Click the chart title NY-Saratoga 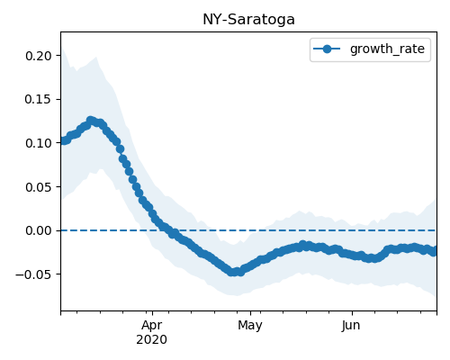pyautogui.click(x=248, y=20)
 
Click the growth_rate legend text pyautogui.click(x=387, y=49)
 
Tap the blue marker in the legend pyautogui.click(x=327, y=49)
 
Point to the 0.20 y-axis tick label pyautogui.click(x=39, y=56)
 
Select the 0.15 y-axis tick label pyautogui.click(x=39, y=99)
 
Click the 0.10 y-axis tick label pyautogui.click(x=39, y=143)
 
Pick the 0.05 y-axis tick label pyautogui.click(x=39, y=187)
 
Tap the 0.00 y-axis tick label pyautogui.click(x=39, y=230)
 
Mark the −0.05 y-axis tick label pyautogui.click(x=33, y=274)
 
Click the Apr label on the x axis pyautogui.click(x=152, y=326)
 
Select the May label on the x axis pyautogui.click(x=250, y=326)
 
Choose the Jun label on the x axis pyautogui.click(x=351, y=326)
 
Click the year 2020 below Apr pyautogui.click(x=152, y=340)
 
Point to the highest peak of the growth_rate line pyautogui.click(x=91, y=121)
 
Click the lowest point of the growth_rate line pyautogui.click(x=231, y=272)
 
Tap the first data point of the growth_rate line pyautogui.click(x=62, y=141)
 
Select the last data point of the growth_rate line pyautogui.click(x=435, y=251)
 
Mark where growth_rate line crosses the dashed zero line pyautogui.click(x=166, y=230)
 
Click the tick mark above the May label pyautogui.click(x=250, y=313)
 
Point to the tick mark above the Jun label pyautogui.click(x=352, y=313)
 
